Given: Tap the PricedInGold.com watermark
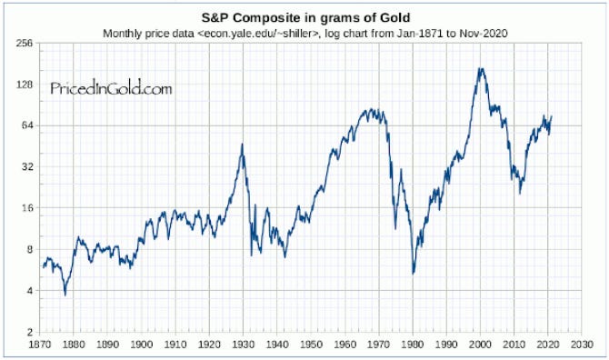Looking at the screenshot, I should coord(110,89).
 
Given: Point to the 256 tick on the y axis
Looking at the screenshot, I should coord(25,43).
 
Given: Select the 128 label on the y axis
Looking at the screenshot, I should coord(25,85).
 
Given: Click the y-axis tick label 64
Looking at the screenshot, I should coord(28,125).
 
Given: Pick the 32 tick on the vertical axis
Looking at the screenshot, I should coord(28,167).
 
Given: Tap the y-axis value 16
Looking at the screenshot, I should coord(28,208).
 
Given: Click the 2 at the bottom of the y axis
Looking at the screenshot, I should coord(31,332).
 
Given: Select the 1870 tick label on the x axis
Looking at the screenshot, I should coord(40,345).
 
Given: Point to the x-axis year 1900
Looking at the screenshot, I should coord(142,345).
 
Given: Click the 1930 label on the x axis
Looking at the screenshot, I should coord(244,345).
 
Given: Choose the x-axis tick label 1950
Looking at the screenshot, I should coord(311,345).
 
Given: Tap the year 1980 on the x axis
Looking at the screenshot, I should coord(413,345).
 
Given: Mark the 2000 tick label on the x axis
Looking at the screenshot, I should coord(481,345).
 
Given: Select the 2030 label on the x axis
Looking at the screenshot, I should coord(583,345).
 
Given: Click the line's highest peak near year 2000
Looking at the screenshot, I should coord(481,68).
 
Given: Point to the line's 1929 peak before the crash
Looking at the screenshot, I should coord(242,145).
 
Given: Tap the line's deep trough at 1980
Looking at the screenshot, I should coord(414,273).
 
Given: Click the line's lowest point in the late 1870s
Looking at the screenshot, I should coord(65,295).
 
